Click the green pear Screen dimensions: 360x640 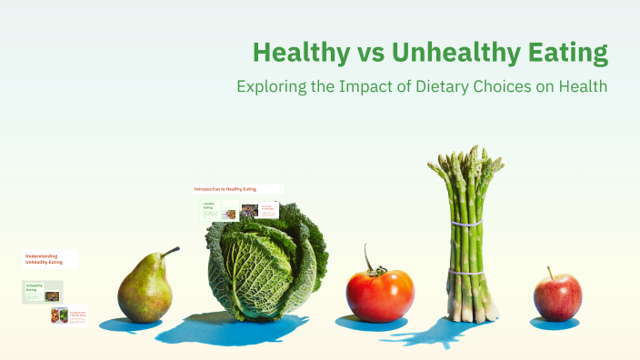click(145, 289)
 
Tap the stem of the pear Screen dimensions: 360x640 click(170, 250)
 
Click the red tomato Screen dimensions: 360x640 click(380, 295)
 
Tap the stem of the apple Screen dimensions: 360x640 click(549, 272)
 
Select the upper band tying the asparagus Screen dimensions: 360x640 click(465, 221)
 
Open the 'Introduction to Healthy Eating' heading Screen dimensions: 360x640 click(225, 189)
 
